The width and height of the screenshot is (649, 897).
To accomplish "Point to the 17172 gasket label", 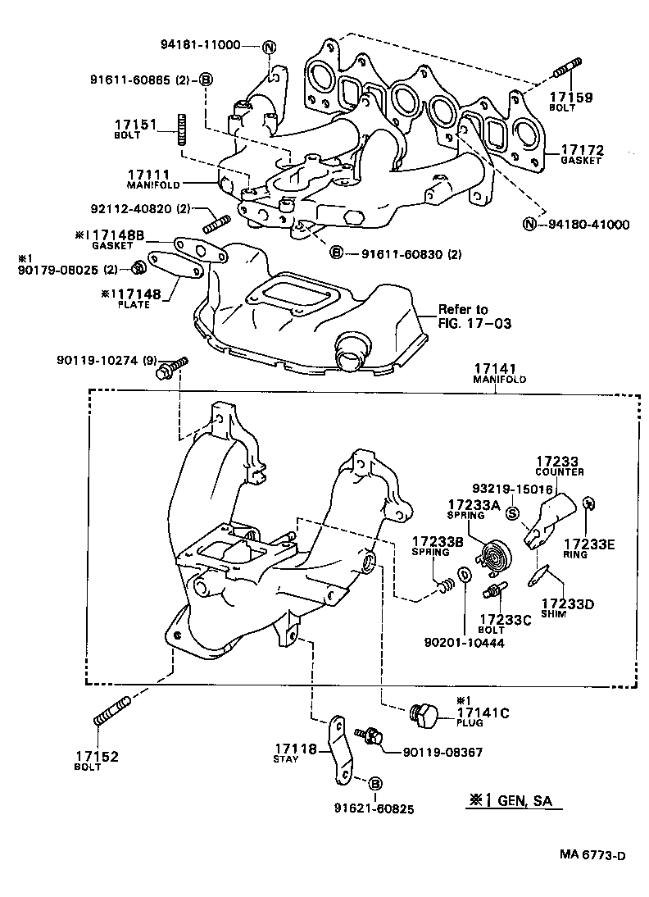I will [582, 154].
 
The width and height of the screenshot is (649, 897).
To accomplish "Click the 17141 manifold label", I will [499, 374].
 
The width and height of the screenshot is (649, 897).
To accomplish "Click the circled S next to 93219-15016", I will [512, 515].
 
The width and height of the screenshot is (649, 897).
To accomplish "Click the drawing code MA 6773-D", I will [592, 855].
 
